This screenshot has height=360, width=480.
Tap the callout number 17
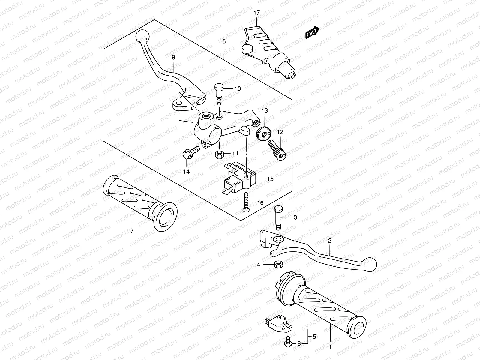coord(256,13)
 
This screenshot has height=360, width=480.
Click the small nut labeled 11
coord(219,155)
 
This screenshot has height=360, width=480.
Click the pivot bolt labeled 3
coord(278,218)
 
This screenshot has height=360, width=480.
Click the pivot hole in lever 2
coord(278,239)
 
